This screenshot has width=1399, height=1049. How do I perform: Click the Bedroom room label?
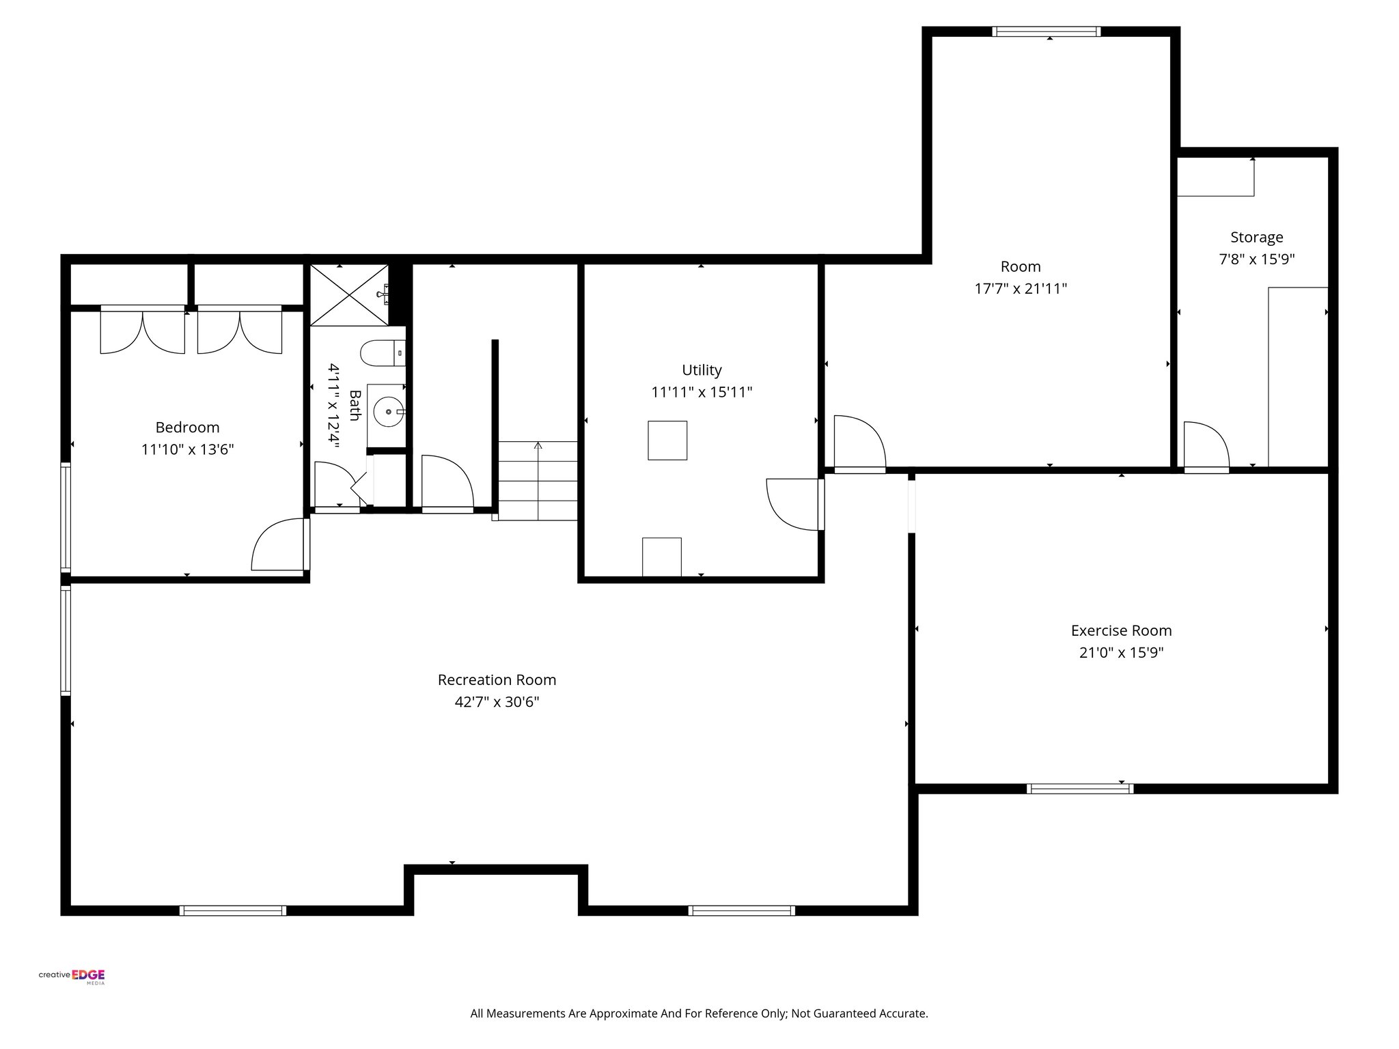point(187,428)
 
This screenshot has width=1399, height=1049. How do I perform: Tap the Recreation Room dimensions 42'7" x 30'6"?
point(497,702)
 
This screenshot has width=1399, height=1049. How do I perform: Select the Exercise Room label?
point(1121,630)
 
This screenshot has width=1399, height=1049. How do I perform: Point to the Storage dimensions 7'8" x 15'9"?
point(1256,260)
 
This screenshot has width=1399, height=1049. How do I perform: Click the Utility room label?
point(702,370)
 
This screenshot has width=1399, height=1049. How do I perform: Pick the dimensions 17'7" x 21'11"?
point(1020,289)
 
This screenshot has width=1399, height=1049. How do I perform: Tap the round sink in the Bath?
point(387,412)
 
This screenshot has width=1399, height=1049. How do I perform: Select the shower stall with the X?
point(349,295)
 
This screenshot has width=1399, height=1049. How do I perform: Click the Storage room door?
point(1205,447)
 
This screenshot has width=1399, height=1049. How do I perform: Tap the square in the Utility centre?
point(667,440)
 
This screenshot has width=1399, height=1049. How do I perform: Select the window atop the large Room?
point(1046,31)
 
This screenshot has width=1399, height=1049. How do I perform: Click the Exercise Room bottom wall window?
point(1079,789)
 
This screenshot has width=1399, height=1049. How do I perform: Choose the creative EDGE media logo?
point(72,976)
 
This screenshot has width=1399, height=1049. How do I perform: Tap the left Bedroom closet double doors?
point(142,331)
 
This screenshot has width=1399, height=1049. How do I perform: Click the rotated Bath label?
point(355,406)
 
